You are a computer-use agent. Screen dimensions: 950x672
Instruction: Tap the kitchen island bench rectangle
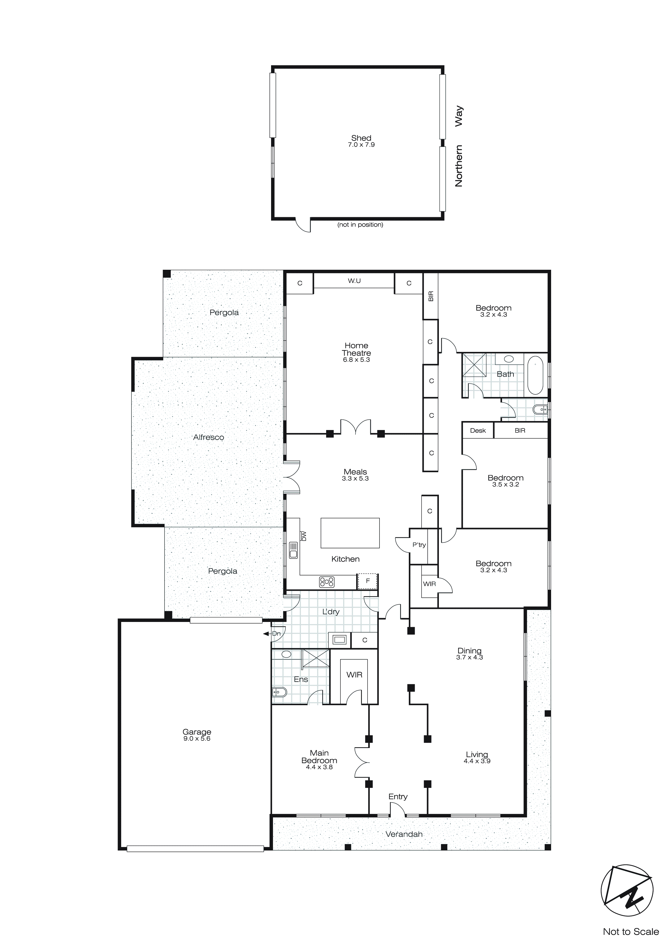350,533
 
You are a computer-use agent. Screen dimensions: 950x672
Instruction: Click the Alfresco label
208,437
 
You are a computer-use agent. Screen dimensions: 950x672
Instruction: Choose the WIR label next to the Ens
354,675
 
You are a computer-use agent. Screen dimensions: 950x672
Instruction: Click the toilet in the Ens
279,691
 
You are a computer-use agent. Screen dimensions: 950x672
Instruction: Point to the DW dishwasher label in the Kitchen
304,536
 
